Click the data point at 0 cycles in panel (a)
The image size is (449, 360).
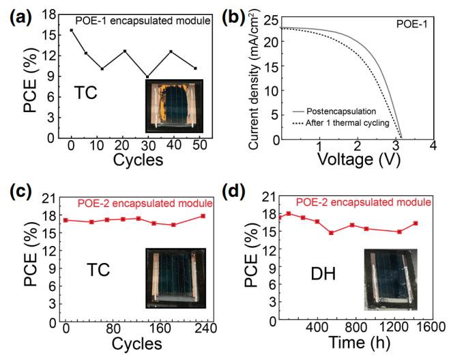click(x=72, y=30)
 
